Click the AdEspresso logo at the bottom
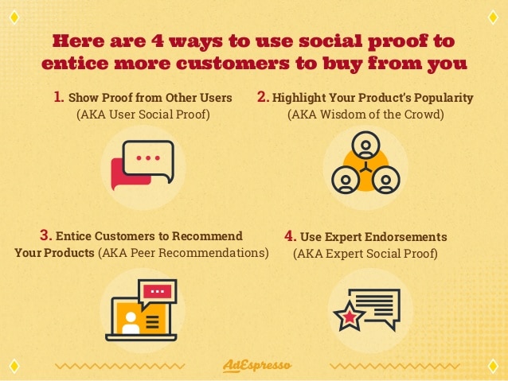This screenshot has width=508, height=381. pyautogui.click(x=257, y=366)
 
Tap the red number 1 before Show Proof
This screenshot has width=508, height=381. pyautogui.click(x=59, y=97)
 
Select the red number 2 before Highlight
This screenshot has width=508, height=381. pyautogui.click(x=263, y=97)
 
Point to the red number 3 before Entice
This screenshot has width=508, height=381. pyautogui.click(x=46, y=235)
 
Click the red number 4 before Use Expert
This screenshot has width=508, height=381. pyautogui.click(x=291, y=236)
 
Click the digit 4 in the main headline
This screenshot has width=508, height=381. pyautogui.click(x=158, y=41)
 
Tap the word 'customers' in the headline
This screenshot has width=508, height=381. pyautogui.click(x=233, y=63)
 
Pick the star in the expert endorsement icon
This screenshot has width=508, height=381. pyautogui.click(x=350, y=317)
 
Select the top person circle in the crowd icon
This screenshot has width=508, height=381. pyautogui.click(x=365, y=145)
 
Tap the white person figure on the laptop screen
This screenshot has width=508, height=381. pyautogui.click(x=131, y=323)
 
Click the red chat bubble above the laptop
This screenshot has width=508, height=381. pyautogui.click(x=158, y=291)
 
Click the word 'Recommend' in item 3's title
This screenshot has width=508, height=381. pyautogui.click(x=207, y=235)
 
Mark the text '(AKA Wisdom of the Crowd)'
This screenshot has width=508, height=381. pyautogui.click(x=365, y=115)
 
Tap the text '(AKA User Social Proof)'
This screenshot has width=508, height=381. pyautogui.click(x=143, y=115)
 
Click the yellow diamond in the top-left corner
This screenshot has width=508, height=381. pyautogui.click(x=14, y=17)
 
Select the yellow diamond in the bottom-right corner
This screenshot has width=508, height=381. pyautogui.click(x=493, y=366)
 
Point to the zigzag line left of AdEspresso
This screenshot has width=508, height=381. pyautogui.click(x=120, y=367)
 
